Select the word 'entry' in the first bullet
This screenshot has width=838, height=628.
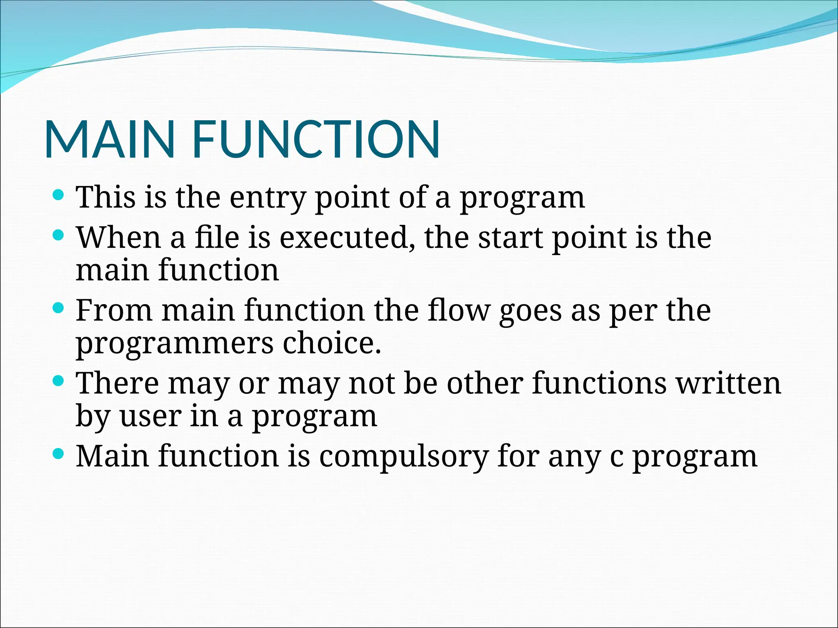268,198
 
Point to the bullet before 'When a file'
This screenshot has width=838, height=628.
59,235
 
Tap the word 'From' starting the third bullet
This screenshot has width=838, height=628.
114,311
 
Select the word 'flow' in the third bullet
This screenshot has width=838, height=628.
458,311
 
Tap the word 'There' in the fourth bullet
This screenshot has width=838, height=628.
117,384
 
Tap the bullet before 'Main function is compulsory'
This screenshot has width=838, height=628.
59,453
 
